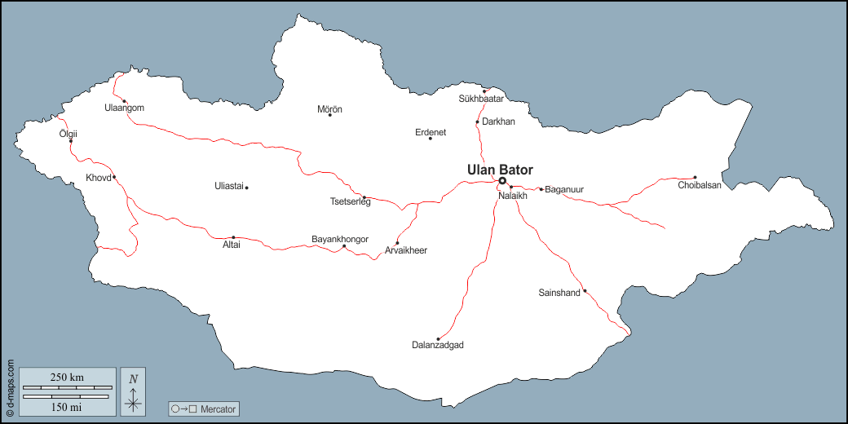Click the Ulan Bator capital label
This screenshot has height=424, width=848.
point(500,170)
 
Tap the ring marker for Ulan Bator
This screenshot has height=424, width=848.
point(502,181)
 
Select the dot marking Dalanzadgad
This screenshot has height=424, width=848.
point(438,338)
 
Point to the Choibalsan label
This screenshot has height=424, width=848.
point(700,185)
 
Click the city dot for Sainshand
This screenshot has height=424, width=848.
point(585,290)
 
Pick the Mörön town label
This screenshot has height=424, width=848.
point(329,109)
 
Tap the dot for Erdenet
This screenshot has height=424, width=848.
point(430,139)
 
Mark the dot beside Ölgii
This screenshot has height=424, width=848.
point(71,141)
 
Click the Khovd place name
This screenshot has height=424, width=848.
point(98,178)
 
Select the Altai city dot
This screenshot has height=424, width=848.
point(233,237)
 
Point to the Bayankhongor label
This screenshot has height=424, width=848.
point(340,239)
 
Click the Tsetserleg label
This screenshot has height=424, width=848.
point(350,201)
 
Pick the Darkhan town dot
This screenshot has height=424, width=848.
point(477,122)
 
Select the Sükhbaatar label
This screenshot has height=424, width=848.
point(481,99)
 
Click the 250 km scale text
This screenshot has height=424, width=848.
point(67,377)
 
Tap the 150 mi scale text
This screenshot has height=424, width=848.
point(67,406)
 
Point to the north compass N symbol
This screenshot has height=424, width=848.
point(134,378)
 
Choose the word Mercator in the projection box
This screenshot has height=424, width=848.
point(219,409)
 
